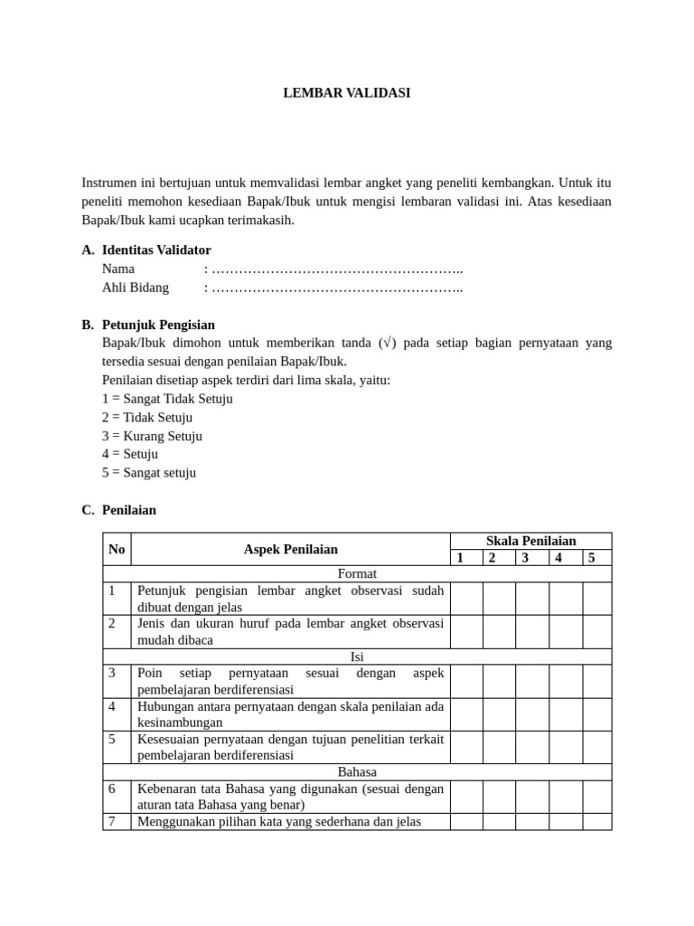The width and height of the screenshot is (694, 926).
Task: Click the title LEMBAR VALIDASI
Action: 347,92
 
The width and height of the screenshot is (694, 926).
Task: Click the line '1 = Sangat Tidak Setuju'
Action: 167,399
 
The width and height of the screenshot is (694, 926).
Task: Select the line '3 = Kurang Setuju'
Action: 152,436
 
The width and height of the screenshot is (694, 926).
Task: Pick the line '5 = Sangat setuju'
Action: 149,472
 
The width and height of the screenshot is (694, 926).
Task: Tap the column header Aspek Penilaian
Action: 290,549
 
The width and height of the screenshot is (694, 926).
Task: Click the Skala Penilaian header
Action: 530,541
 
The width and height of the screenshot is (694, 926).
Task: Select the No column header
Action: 117,549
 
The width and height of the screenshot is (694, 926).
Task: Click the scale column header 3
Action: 525,558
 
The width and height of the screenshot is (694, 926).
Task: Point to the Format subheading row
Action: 357,573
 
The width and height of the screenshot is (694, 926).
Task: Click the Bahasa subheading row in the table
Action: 357,771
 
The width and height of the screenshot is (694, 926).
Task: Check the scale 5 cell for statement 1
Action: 596,599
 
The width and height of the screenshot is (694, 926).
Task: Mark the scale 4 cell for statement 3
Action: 565,681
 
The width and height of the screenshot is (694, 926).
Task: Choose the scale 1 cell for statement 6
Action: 466,797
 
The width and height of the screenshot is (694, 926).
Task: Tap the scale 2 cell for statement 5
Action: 499,747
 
